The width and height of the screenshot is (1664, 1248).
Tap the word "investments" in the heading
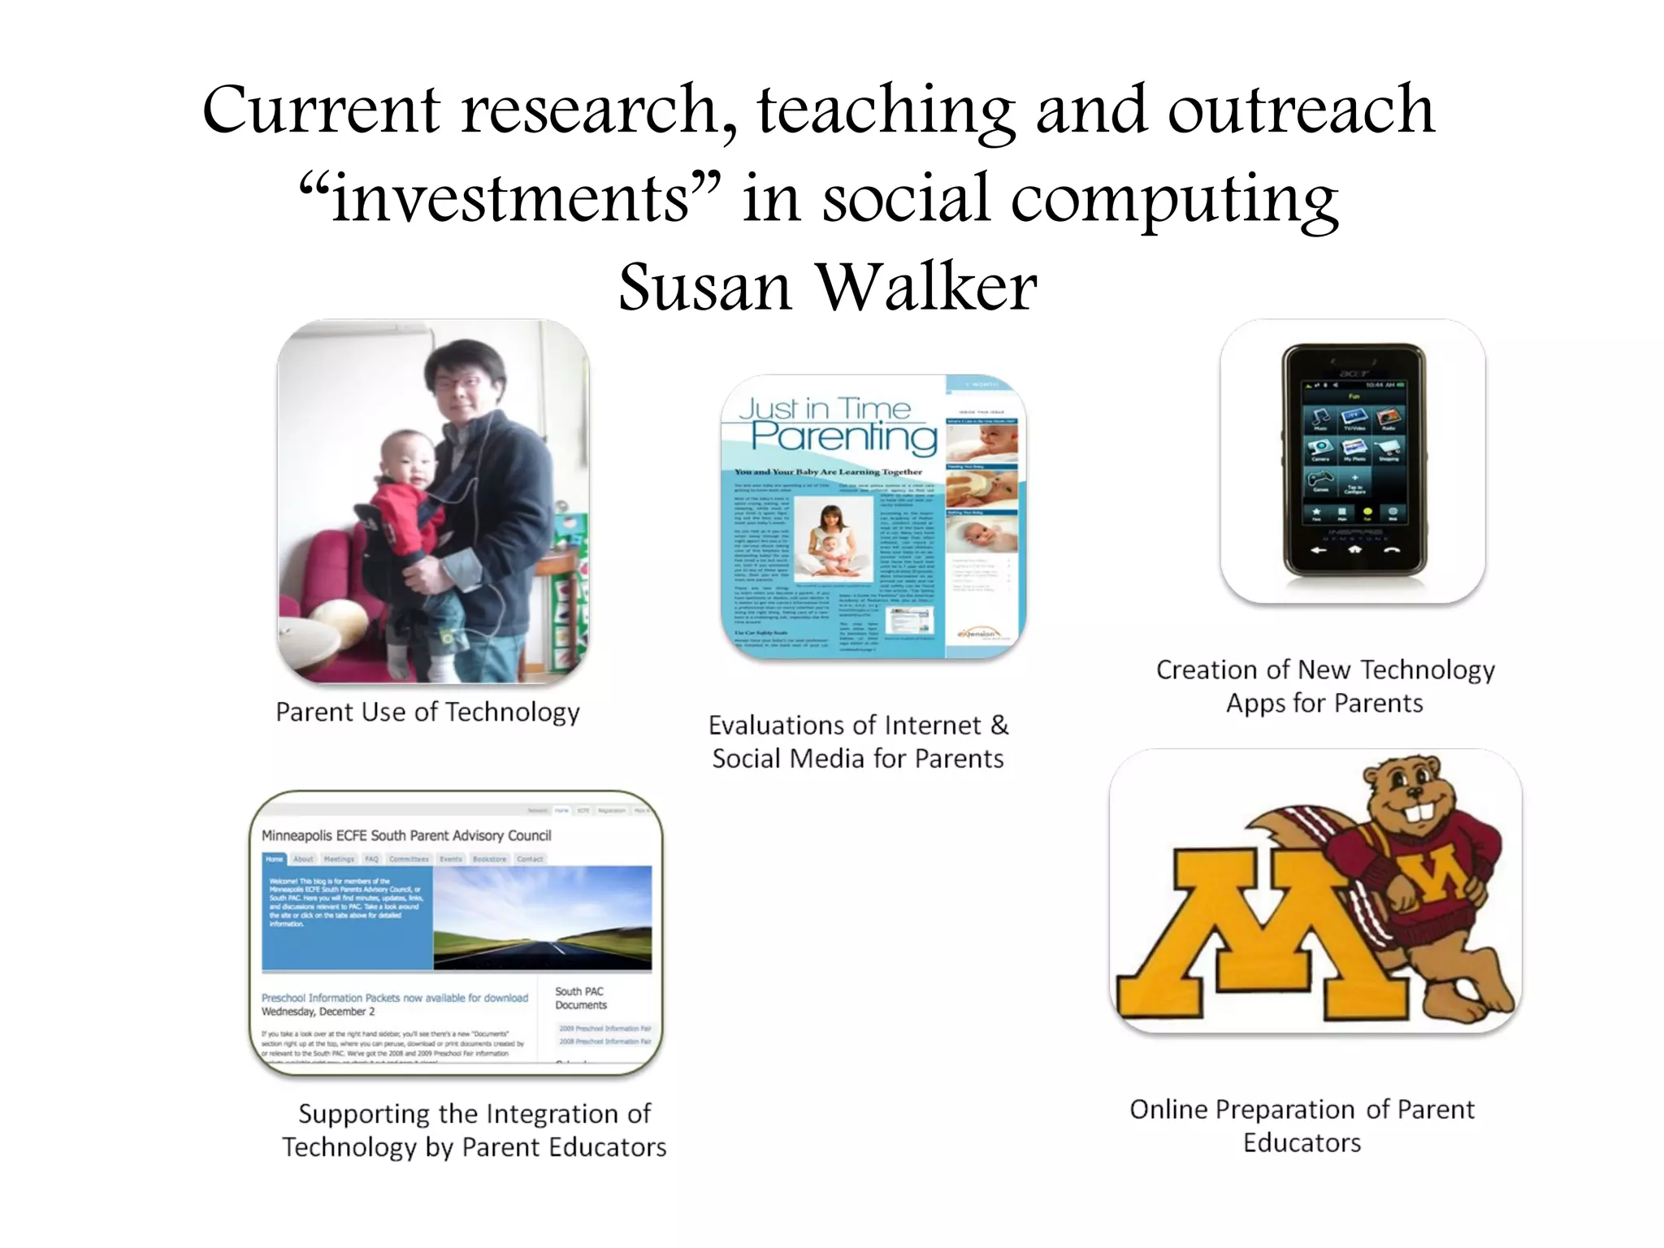[x=509, y=199]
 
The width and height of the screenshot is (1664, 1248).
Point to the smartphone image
[x=1354, y=461]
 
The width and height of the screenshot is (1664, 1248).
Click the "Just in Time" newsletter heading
[x=825, y=408]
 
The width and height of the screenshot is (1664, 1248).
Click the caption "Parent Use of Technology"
[x=428, y=713]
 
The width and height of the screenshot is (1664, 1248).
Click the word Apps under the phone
[x=1255, y=704]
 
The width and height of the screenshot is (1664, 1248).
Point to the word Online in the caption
[x=1168, y=1110]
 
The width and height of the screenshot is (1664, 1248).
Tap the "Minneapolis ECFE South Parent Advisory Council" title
[x=406, y=835]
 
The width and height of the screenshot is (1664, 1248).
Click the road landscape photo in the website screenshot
[x=543, y=917]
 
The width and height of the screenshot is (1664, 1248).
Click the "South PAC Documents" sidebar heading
[x=580, y=998]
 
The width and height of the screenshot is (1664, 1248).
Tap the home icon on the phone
[x=1354, y=550]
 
